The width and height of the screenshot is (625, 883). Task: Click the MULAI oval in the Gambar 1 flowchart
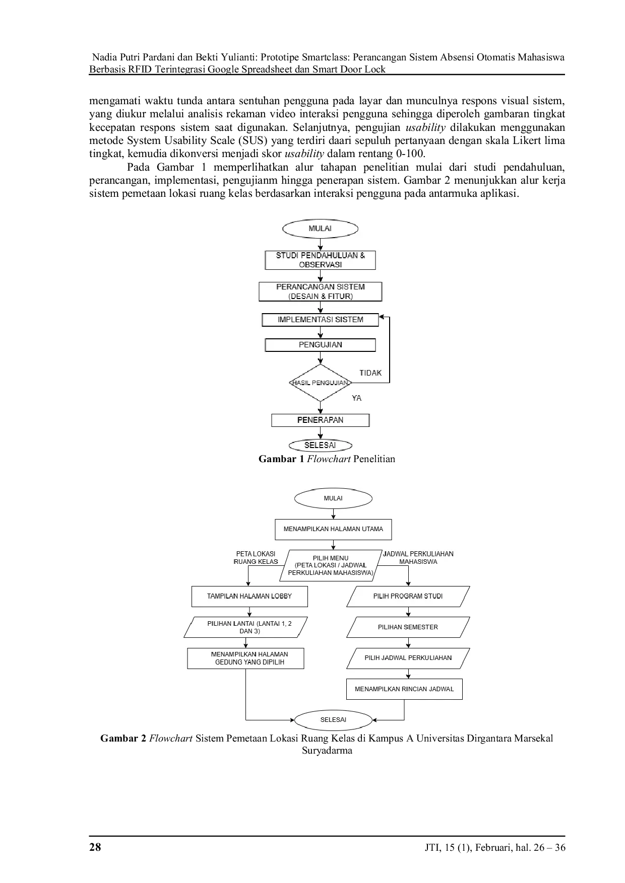pyautogui.click(x=320, y=229)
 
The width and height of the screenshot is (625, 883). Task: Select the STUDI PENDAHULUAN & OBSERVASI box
pyautogui.click(x=320, y=260)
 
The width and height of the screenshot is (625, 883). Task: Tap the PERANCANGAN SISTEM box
pyautogui.click(x=320, y=291)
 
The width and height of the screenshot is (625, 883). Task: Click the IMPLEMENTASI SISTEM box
pyautogui.click(x=320, y=320)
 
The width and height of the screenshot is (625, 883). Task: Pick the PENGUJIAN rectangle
pyautogui.click(x=320, y=345)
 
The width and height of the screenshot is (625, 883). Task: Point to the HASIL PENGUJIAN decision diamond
pyautogui.click(x=320, y=383)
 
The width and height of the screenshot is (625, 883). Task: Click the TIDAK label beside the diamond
pyautogui.click(x=370, y=373)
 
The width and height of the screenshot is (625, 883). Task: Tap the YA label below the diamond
pyautogui.click(x=357, y=398)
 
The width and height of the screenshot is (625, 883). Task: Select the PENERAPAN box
pyautogui.click(x=320, y=420)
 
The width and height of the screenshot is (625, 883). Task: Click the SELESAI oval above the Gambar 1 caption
pyautogui.click(x=320, y=445)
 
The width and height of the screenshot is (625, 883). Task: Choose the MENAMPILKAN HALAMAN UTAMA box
pyautogui.click(x=333, y=529)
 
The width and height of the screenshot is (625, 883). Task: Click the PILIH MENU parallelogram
pyautogui.click(x=333, y=565)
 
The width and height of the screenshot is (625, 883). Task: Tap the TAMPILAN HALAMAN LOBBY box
pyautogui.click(x=249, y=596)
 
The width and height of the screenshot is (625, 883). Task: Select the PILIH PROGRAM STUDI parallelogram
pyautogui.click(x=408, y=596)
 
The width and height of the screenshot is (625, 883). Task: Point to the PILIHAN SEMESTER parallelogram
pyautogui.click(x=408, y=627)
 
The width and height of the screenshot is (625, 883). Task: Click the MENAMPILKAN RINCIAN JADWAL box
pyautogui.click(x=404, y=689)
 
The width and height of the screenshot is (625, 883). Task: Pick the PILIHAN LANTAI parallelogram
pyautogui.click(x=249, y=627)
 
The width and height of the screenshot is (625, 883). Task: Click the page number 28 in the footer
pyautogui.click(x=95, y=847)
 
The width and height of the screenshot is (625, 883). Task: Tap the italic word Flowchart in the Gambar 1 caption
pyautogui.click(x=329, y=459)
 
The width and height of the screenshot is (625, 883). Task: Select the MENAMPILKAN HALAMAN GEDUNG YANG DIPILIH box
pyautogui.click(x=245, y=658)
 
